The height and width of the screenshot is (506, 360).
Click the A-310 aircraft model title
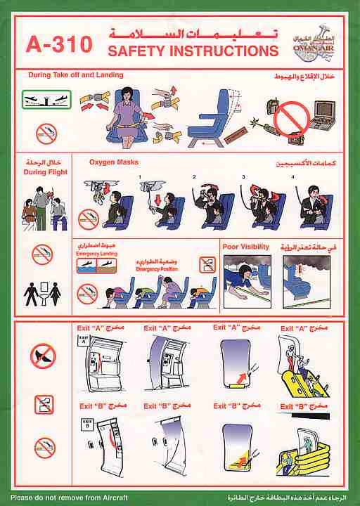[58, 44]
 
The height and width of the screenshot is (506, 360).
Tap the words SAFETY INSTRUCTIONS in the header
[193, 51]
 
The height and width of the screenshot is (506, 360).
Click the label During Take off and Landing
[75, 75]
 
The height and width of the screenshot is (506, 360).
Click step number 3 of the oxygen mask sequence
[244, 177]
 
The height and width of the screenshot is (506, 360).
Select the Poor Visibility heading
[245, 247]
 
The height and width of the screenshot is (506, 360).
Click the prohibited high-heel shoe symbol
[43, 356]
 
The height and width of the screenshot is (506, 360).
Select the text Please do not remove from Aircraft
[64, 496]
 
